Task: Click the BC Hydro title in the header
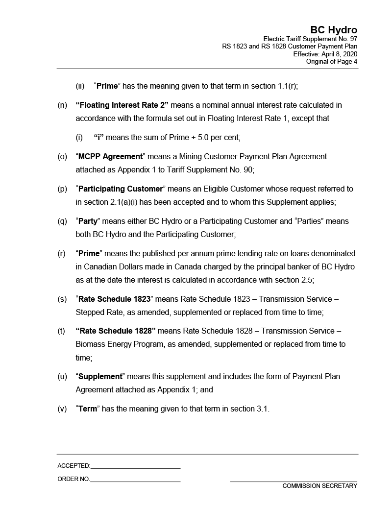pyautogui.click(x=334, y=30)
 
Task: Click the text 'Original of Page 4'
pyautogui.click(x=332, y=62)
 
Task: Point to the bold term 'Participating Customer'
pyautogui.click(x=121, y=189)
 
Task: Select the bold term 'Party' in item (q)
pyautogui.click(x=88, y=221)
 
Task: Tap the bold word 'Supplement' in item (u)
pyautogui.click(x=100, y=377)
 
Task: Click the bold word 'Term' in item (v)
pyautogui.click(x=88, y=409)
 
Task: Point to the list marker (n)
pyautogui.click(x=62, y=105)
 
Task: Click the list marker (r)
pyautogui.click(x=62, y=254)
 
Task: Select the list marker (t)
pyautogui.click(x=61, y=331)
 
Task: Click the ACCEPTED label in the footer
pyautogui.click(x=73, y=466)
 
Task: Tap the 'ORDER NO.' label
pyautogui.click(x=73, y=479)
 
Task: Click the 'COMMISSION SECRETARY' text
pyautogui.click(x=319, y=486)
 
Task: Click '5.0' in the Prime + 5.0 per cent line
pyautogui.click(x=202, y=138)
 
